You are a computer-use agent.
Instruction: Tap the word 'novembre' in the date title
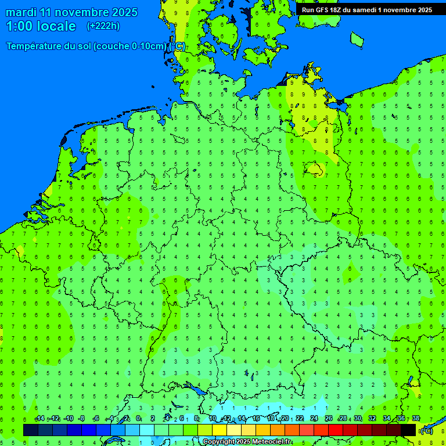tap(82, 12)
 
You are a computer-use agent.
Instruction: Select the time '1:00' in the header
tap(19, 26)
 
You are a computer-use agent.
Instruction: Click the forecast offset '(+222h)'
tap(103, 26)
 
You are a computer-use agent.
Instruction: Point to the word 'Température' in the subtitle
tap(36, 46)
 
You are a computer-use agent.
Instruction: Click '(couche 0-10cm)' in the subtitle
tap(131, 46)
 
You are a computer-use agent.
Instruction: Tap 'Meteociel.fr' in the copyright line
tap(272, 442)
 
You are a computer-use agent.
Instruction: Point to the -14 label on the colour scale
tap(39, 419)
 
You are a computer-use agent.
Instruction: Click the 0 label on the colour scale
tap(138, 419)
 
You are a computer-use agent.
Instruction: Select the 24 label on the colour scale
tap(314, 419)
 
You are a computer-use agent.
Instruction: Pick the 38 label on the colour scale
tap(416, 419)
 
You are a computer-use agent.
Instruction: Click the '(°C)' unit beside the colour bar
tap(426, 431)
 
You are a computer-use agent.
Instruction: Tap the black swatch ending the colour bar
tap(408, 430)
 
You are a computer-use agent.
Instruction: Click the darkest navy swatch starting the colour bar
tap(31, 430)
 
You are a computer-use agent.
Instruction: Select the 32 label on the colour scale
tap(372, 419)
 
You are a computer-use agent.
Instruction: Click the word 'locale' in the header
tap(56, 26)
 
